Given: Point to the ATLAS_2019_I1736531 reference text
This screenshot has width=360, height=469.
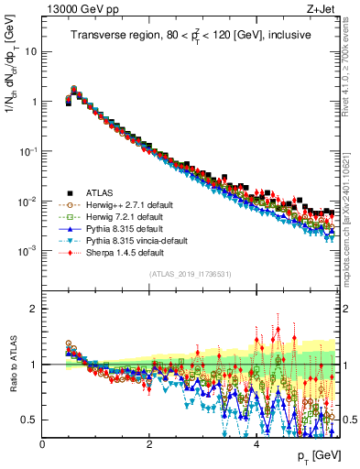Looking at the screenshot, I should click(x=191, y=275).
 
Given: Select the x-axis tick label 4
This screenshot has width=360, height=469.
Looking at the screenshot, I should click(x=256, y=443).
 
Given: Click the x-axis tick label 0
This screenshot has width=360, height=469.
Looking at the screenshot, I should click(x=42, y=443).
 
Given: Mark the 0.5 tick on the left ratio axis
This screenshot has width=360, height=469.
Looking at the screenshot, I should click(x=31, y=420).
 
